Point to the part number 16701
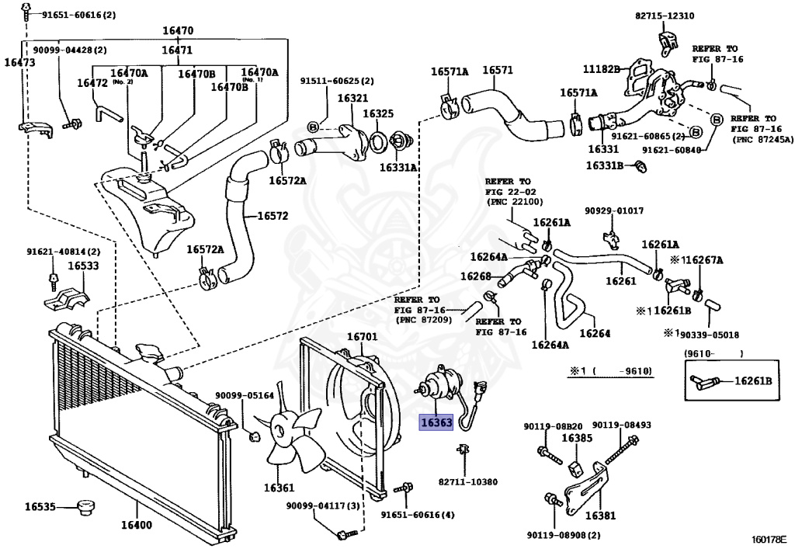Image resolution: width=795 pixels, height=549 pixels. (361, 337)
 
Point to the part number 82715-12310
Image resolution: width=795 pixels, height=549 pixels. (665, 16)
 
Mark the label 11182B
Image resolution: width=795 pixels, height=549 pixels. (602, 69)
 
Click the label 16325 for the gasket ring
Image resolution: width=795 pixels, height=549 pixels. (379, 113)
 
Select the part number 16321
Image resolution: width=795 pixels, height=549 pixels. (352, 99)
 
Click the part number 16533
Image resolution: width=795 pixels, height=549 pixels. (82, 266)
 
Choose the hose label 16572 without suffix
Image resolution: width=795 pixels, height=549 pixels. (262, 215)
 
